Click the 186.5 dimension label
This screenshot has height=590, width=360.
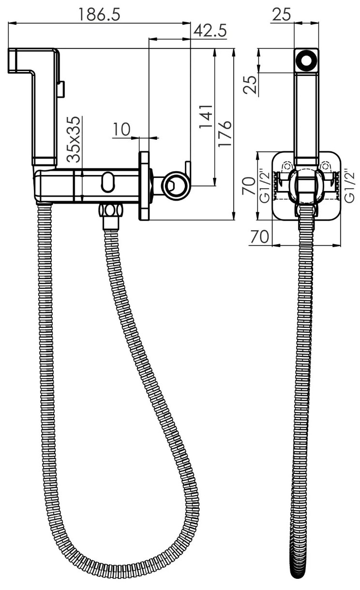pos(100,15)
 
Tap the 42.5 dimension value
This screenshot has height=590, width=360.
pos(210,31)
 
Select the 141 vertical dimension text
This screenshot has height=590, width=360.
pos(206,117)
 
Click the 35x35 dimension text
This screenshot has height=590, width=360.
pos(73,139)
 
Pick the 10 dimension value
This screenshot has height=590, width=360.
pos(121,129)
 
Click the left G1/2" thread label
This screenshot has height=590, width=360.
pos(264,187)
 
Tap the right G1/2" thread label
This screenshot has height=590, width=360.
pos(350,186)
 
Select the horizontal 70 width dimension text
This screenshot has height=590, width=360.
pos(259,236)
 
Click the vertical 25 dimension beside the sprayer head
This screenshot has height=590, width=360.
pos(250,84)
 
